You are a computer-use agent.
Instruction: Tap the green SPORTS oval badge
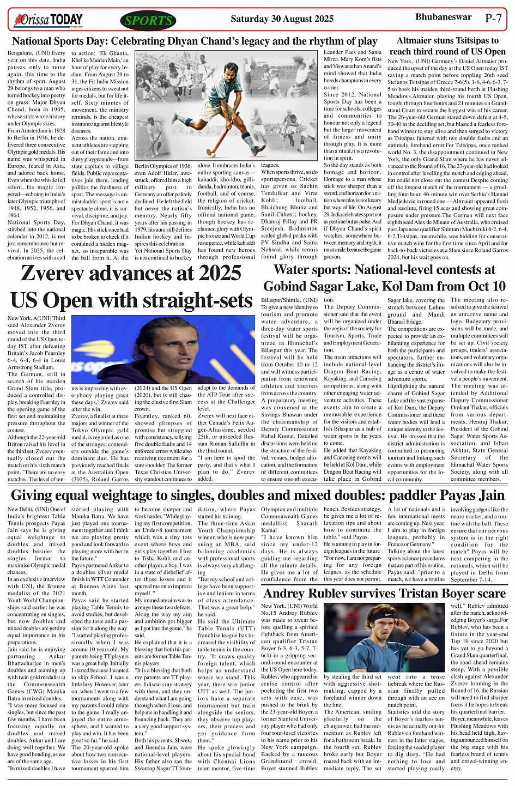pos(148,21)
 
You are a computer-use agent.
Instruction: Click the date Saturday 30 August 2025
pos(282,19)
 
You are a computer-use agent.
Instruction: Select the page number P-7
pos(494,18)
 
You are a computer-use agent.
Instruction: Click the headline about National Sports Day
pos(195,41)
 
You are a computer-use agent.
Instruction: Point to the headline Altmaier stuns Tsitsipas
pos(448,46)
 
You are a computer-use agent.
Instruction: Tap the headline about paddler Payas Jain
pos(258,495)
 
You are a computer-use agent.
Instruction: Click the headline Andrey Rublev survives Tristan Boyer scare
pos(385,594)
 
